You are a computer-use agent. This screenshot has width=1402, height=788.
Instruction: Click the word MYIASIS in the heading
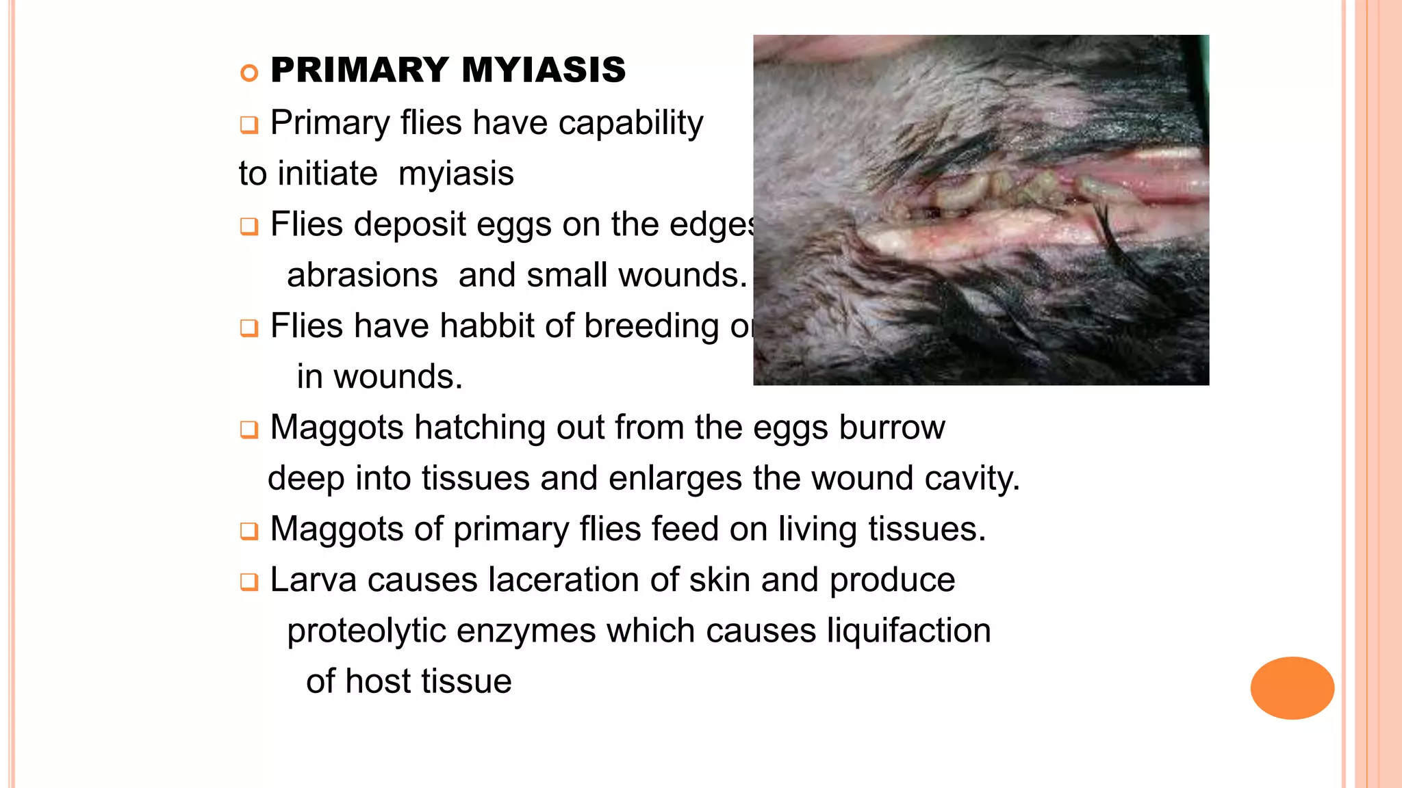[x=544, y=70]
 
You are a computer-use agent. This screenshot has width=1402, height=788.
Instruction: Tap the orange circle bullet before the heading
[x=249, y=73]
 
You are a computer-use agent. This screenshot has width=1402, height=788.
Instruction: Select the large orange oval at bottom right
[x=1292, y=687]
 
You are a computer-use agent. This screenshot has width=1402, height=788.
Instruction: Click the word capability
[x=630, y=123]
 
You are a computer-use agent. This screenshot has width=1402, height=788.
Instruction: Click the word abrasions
[x=362, y=275]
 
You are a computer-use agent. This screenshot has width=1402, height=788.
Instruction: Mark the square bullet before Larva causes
[x=249, y=582]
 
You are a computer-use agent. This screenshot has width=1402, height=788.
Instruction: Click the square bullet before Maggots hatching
[x=249, y=430]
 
